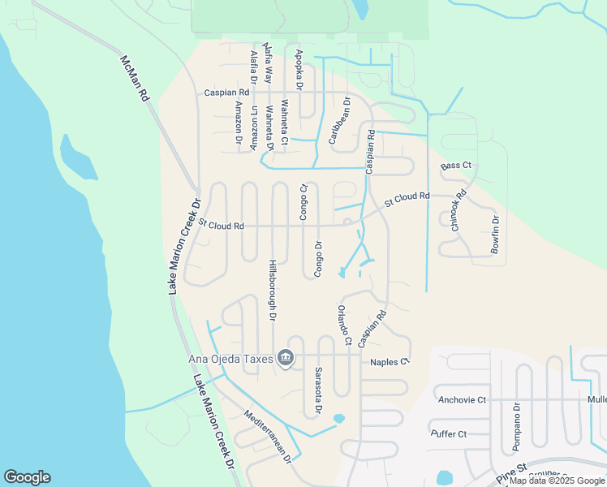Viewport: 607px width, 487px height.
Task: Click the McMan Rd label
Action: click(135, 79)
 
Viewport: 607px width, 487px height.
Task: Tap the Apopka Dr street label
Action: click(299, 69)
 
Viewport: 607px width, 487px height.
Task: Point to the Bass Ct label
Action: click(455, 166)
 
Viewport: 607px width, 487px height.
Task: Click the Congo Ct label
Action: click(303, 202)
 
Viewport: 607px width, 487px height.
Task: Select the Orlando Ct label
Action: click(344, 325)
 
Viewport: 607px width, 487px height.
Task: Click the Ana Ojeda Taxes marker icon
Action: click(285, 357)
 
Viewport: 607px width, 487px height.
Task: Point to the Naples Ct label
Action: click(390, 362)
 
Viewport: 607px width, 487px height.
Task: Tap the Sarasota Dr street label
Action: click(318, 391)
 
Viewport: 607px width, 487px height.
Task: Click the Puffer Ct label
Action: click(449, 434)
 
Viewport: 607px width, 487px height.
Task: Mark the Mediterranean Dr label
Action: click(268, 437)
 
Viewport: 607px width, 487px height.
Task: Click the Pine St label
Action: click(512, 473)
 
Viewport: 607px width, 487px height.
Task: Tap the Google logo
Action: click(27, 477)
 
